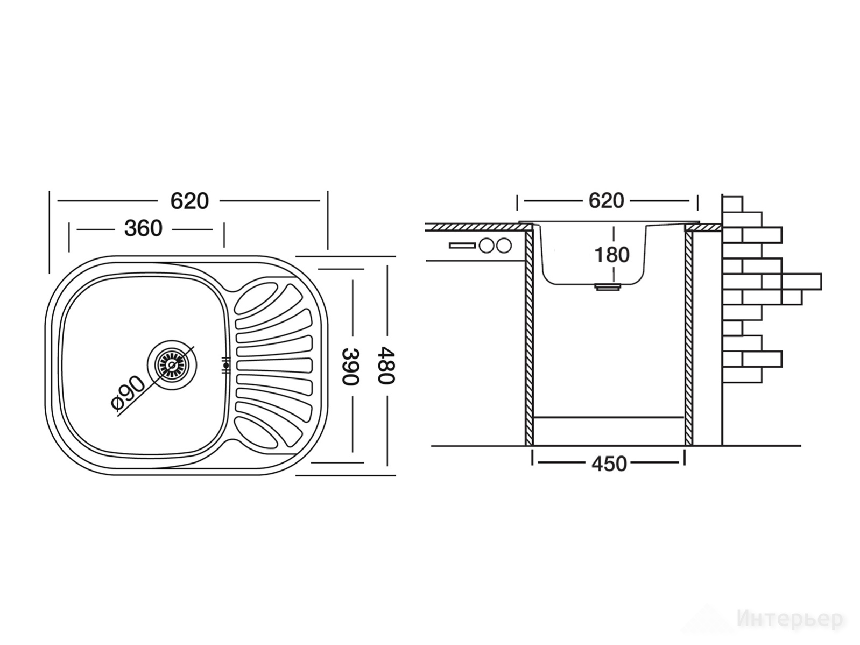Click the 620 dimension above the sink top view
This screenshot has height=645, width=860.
189,201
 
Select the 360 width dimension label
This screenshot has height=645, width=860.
143,228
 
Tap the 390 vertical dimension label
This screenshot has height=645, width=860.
349,367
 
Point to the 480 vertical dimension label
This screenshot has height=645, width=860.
386,366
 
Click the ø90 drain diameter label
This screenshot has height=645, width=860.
128,392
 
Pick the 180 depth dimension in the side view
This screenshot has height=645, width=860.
612,255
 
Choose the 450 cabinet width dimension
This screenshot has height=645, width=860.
609,464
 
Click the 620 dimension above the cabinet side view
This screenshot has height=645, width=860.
606,201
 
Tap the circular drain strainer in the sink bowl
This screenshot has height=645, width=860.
172,365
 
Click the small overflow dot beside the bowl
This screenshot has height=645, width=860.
226,366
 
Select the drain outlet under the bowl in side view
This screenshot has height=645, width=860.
607,287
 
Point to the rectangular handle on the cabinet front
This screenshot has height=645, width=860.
462,246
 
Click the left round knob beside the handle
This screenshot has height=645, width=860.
487,246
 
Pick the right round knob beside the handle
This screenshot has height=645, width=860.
504,246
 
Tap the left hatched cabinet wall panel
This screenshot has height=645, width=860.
529,338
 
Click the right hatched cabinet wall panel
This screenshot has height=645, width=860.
689,338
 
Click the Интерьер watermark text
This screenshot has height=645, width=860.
789,619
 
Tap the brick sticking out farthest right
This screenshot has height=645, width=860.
801,282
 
